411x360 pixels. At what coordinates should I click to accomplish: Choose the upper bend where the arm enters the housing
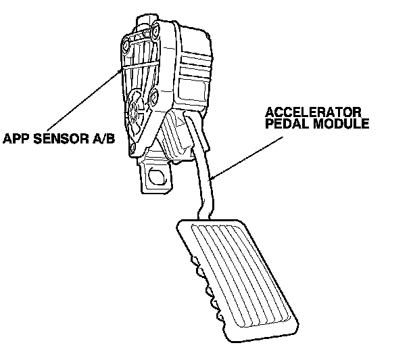pyautogui.click(x=192, y=129)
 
